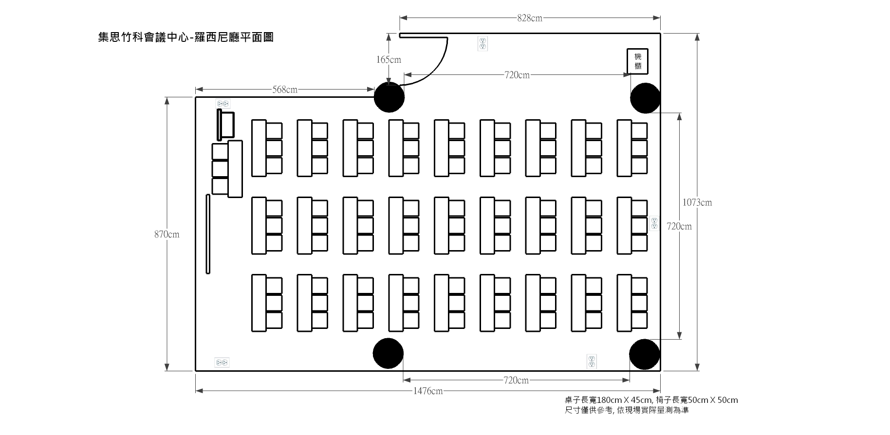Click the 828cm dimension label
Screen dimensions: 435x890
(530, 18)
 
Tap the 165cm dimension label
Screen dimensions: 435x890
(389, 60)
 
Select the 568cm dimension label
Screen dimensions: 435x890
(285, 90)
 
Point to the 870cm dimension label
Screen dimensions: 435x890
(167, 235)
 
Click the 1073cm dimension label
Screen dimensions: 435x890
(697, 202)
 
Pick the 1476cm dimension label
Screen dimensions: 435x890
(428, 391)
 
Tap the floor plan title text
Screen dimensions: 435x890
(185, 37)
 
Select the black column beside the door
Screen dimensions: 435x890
(389, 97)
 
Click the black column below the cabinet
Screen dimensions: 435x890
(645, 98)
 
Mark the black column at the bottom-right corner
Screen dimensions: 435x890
(644, 354)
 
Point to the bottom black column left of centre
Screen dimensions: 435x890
(388, 353)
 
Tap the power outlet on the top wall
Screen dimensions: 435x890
(482, 44)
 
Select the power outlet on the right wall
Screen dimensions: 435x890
(654, 223)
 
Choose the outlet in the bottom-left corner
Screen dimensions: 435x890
(222, 362)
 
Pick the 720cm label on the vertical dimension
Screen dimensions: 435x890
(679, 226)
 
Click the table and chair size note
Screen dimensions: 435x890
(651, 400)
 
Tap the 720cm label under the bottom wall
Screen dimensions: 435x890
(516, 380)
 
